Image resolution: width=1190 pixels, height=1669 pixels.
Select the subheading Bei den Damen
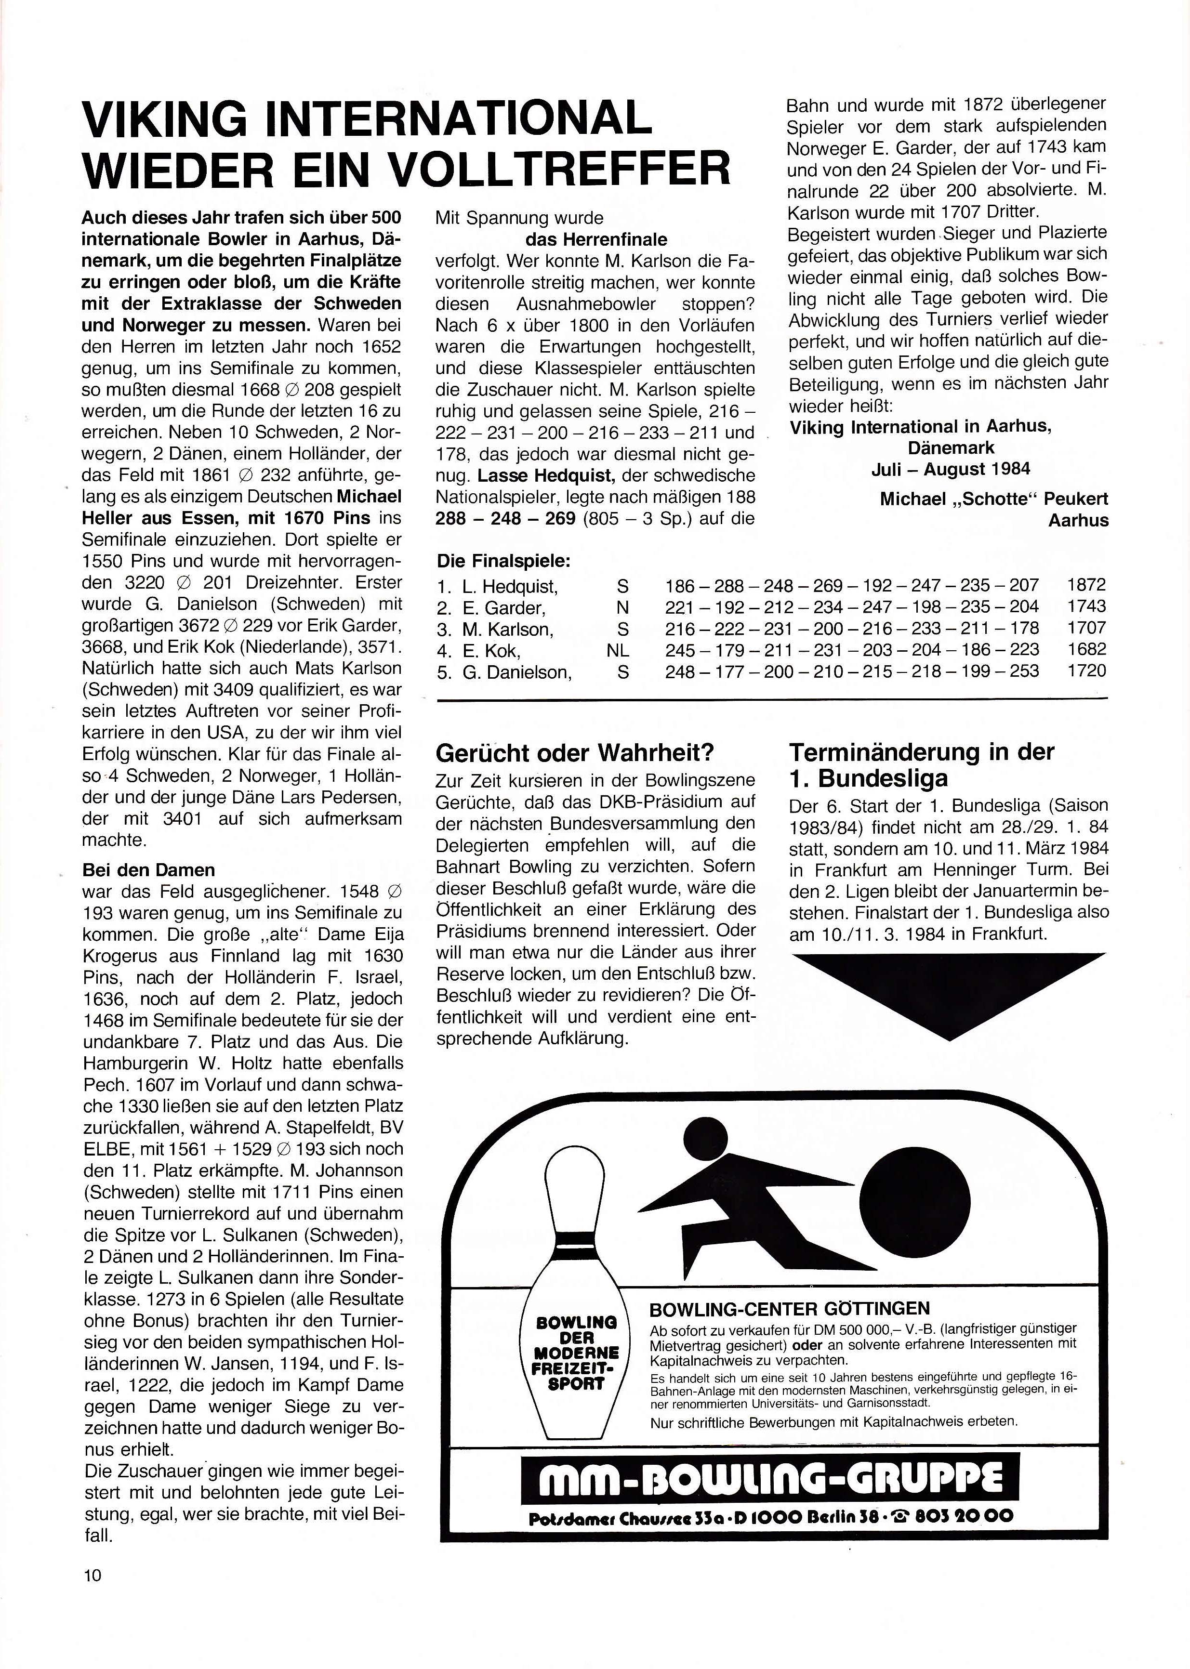149,870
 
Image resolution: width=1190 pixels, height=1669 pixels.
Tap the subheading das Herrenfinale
596,239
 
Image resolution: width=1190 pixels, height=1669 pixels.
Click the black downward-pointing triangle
948,993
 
